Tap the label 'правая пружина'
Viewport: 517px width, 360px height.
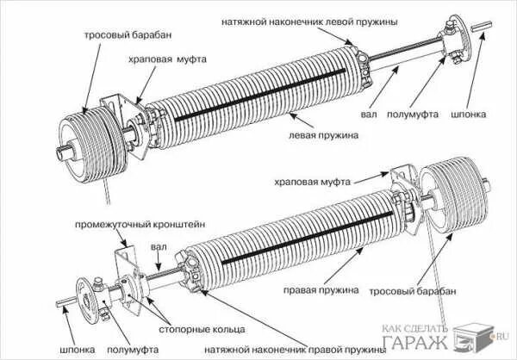tap(322, 290)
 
